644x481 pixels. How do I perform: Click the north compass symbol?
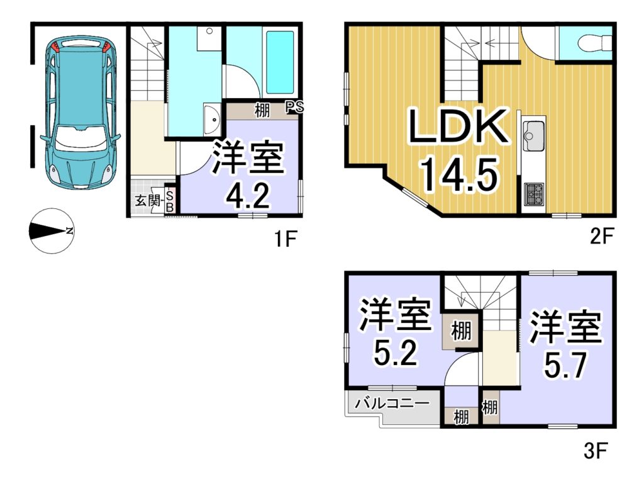(x=52, y=231)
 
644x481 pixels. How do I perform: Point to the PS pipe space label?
(x=294, y=107)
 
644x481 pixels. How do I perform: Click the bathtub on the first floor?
(x=280, y=62)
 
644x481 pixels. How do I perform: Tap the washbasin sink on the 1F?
(x=213, y=119)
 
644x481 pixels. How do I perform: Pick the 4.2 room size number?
(x=248, y=196)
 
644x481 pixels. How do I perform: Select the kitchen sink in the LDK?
(x=533, y=136)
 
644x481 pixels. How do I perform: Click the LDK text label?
(x=458, y=126)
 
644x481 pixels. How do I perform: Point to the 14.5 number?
(x=458, y=174)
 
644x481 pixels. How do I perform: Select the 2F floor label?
(x=601, y=236)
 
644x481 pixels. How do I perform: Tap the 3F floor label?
(x=595, y=451)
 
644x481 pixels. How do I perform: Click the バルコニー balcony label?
(x=392, y=403)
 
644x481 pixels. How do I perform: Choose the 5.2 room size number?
(x=396, y=353)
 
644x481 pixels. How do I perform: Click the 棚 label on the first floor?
(x=262, y=110)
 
